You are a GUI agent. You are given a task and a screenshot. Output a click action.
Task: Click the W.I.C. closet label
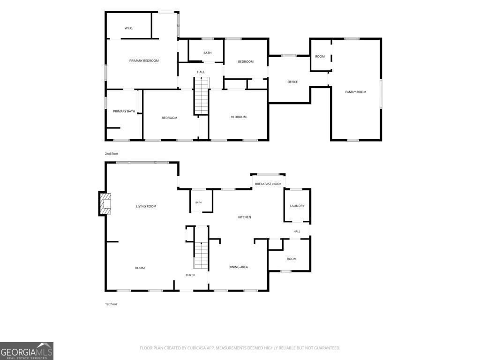(x=128, y=28)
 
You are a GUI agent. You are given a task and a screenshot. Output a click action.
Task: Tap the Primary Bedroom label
(x=144, y=60)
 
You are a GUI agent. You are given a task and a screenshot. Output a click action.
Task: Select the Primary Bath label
(x=124, y=111)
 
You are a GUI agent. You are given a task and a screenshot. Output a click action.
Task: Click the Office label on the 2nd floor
(x=292, y=82)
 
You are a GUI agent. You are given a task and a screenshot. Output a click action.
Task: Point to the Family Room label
(x=356, y=92)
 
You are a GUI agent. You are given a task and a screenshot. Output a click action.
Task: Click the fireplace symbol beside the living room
(x=105, y=203)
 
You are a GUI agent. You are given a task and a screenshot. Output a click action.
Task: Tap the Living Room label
(x=146, y=206)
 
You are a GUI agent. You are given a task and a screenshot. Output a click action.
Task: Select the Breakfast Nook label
(x=268, y=184)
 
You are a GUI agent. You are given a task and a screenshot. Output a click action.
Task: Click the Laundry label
(x=297, y=206)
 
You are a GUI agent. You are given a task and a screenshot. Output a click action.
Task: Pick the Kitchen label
(x=245, y=217)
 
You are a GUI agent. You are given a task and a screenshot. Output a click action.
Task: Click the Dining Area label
(x=238, y=267)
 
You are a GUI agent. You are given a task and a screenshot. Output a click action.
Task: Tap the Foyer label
(x=190, y=275)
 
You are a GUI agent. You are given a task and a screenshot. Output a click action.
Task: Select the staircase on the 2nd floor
(x=202, y=96)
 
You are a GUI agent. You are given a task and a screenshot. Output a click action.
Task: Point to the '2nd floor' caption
(x=112, y=154)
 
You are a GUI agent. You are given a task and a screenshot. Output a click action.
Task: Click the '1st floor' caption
(x=111, y=304)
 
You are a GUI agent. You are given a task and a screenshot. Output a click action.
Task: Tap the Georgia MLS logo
(x=27, y=351)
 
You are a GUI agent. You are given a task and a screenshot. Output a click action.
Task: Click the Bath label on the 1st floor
(x=198, y=202)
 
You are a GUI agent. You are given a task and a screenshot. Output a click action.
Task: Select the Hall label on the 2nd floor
(x=201, y=72)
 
